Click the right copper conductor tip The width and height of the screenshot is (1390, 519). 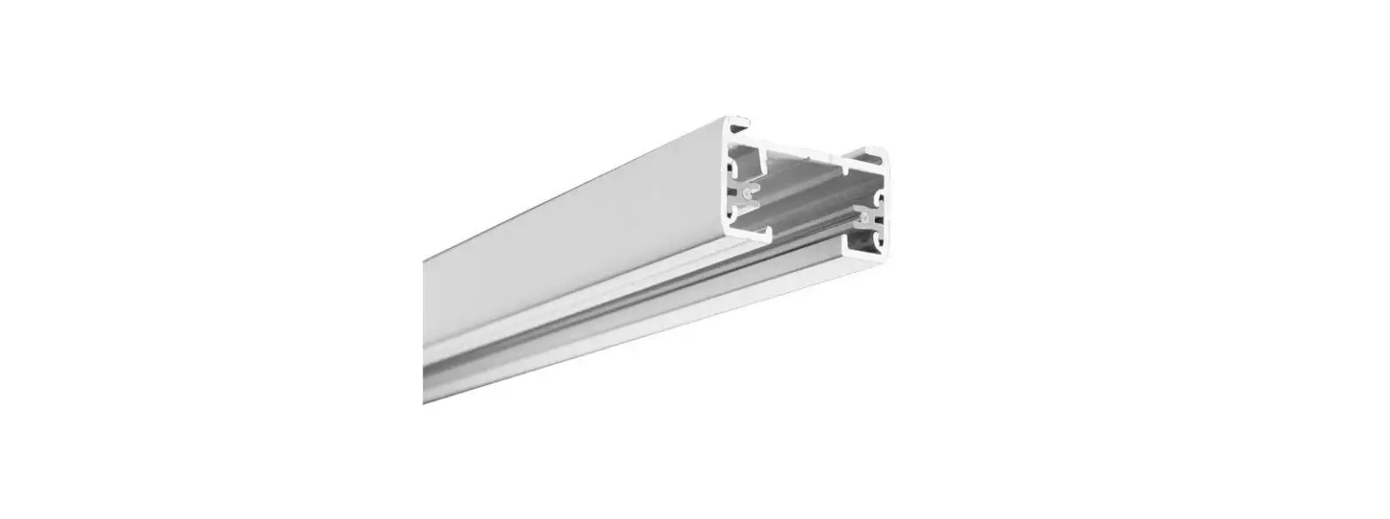point(863,212)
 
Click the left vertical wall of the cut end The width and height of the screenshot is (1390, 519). point(729,186)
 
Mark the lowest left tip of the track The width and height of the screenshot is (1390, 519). point(426,401)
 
